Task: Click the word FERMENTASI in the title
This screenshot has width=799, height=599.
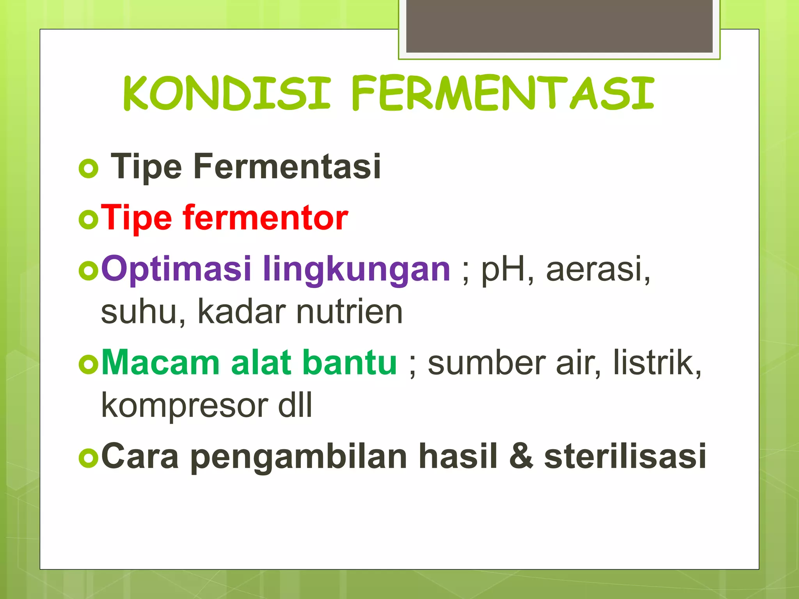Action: pyautogui.click(x=502, y=94)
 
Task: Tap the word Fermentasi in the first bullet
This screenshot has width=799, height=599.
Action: pyautogui.click(x=287, y=167)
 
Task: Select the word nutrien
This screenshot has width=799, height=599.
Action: pyautogui.click(x=349, y=312)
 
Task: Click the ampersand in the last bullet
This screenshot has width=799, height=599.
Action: pyautogui.click(x=521, y=456)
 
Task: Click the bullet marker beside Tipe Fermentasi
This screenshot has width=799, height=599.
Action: pyautogui.click(x=89, y=169)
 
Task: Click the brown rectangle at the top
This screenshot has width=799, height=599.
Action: pyautogui.click(x=559, y=26)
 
